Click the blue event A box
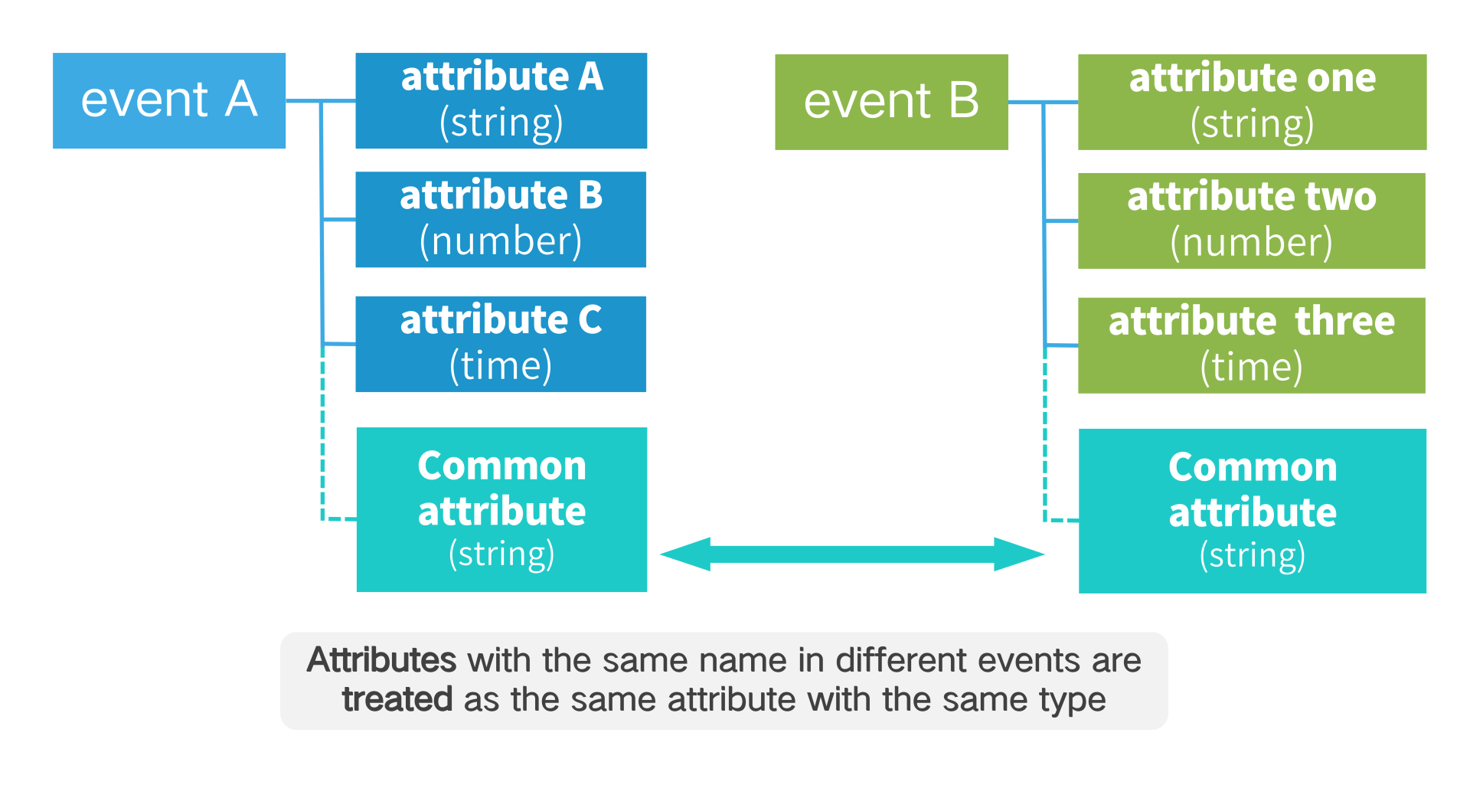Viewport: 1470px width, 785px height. pyautogui.click(x=169, y=100)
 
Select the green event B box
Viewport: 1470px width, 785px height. pyautogui.click(x=891, y=102)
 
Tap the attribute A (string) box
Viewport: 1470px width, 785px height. pyautogui.click(x=501, y=100)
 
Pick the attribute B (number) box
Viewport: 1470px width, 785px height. pyautogui.click(x=501, y=219)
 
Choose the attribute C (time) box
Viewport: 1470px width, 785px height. pyautogui.click(x=501, y=344)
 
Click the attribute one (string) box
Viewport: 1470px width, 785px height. pyautogui.click(x=1252, y=102)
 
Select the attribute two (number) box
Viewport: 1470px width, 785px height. pyautogui.click(x=1252, y=221)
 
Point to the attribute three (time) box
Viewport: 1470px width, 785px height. pyautogui.click(x=1252, y=345)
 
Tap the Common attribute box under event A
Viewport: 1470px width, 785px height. pyautogui.click(x=501, y=509)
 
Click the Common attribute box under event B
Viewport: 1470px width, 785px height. pyautogui.click(x=1253, y=511)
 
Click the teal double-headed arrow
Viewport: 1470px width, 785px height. pyautogui.click(x=852, y=554)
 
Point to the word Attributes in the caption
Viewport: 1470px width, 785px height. pyautogui.click(x=381, y=660)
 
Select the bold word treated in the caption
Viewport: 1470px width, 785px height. pyautogui.click(x=397, y=699)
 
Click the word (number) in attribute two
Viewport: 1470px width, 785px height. pyautogui.click(x=1252, y=243)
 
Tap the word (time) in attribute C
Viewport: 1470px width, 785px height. pyautogui.click(x=501, y=366)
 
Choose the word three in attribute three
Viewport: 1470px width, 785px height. pyautogui.click(x=1345, y=321)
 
